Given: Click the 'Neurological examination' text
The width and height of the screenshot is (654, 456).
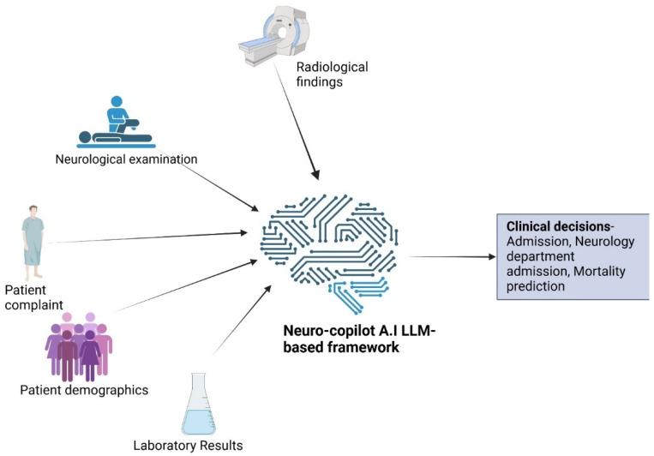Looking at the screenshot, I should click(126, 159).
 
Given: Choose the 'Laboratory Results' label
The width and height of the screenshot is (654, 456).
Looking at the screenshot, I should click(188, 445).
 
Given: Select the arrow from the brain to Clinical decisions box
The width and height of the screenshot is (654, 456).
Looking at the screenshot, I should click(451, 256).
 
